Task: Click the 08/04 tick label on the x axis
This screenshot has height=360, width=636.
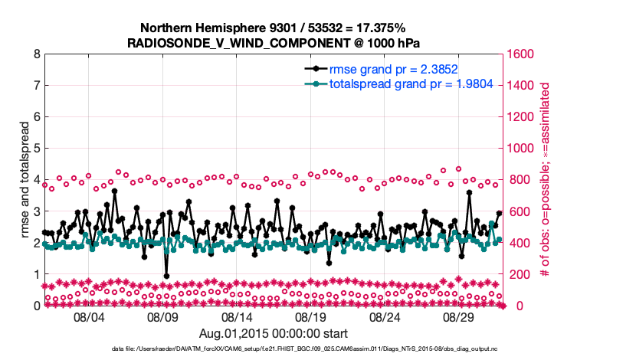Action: point(89,317)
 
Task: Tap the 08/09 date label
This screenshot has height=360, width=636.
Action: point(163,317)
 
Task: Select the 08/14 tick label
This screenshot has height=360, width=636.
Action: point(238,317)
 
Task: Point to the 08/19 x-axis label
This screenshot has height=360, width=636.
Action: point(312,317)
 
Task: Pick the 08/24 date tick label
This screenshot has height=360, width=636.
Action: point(386,317)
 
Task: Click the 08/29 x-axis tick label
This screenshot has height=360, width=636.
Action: point(461,317)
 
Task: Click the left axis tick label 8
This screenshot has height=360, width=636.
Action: point(36,54)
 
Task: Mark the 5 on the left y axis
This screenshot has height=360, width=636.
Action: point(36,149)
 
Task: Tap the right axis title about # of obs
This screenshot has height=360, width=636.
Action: point(546,180)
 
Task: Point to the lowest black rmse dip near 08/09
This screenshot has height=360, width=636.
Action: point(166,276)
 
